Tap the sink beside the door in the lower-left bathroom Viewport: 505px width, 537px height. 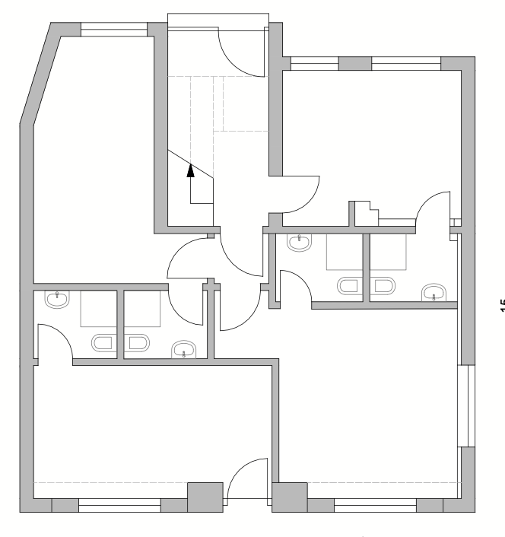click(56, 299)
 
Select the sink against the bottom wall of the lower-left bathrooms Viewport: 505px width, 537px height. click(183, 350)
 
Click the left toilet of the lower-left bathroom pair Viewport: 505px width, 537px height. click(103, 342)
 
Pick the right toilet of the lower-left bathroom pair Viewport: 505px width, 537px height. click(137, 342)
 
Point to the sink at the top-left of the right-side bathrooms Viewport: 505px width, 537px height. click(299, 243)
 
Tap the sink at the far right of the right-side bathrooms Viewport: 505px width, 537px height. click(434, 292)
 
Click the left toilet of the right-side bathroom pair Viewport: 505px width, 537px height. click(350, 285)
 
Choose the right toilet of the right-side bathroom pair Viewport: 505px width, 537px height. click(383, 285)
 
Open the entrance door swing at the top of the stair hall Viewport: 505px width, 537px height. click(242, 50)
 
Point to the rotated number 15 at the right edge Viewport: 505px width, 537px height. click(500, 307)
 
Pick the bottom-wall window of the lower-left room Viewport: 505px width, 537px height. click(119, 503)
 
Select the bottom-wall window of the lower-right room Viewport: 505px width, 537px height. click(375, 503)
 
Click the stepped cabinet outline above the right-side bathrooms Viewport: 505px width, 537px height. click(365, 212)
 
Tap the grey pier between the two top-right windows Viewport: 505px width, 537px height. click(354, 64)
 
